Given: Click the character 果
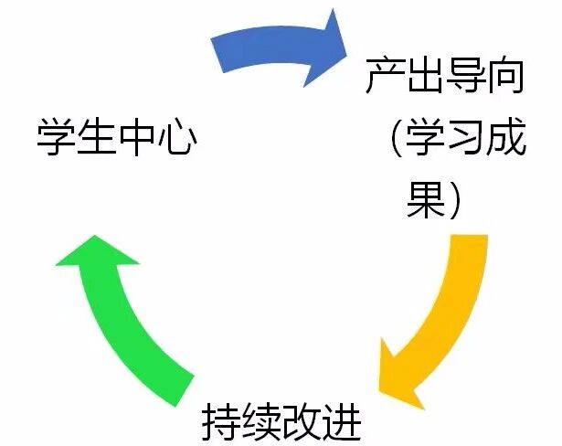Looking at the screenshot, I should pyautogui.click(x=426, y=200).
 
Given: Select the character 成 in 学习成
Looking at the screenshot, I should pyautogui.click(x=505, y=139).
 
